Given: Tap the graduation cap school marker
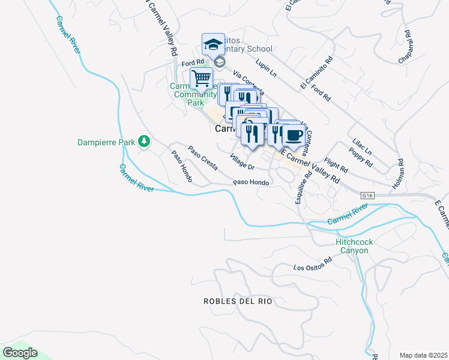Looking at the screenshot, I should [x=213, y=44].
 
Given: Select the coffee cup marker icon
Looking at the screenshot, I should [x=293, y=135].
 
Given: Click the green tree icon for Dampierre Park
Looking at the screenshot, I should [x=143, y=142].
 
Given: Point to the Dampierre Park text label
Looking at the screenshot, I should [x=106, y=142].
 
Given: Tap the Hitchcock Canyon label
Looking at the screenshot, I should [x=354, y=246].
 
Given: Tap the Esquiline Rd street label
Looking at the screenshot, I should [x=302, y=188].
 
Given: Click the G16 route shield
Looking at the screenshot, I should [x=368, y=196].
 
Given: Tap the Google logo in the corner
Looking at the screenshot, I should [x=20, y=353].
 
